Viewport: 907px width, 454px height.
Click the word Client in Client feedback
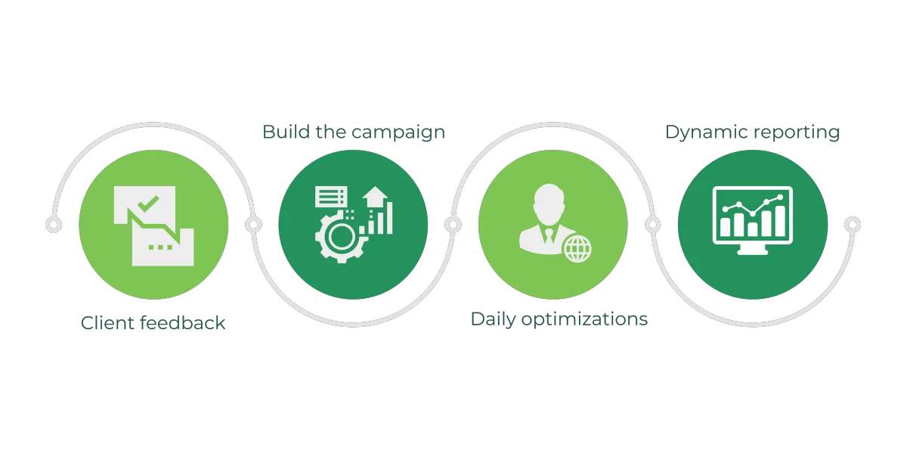[104, 324]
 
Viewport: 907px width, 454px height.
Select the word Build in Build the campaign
[282, 132]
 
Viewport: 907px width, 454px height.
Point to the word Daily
[491, 319]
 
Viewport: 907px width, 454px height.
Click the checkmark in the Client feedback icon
[150, 203]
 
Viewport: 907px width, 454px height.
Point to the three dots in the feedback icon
[159, 247]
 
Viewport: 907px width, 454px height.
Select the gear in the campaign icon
[338, 237]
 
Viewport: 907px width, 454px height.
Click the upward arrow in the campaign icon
[373, 199]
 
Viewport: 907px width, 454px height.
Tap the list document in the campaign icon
[330, 197]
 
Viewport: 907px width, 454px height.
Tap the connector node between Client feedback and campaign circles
[253, 225]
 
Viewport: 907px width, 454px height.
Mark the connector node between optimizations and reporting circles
[652, 225]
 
